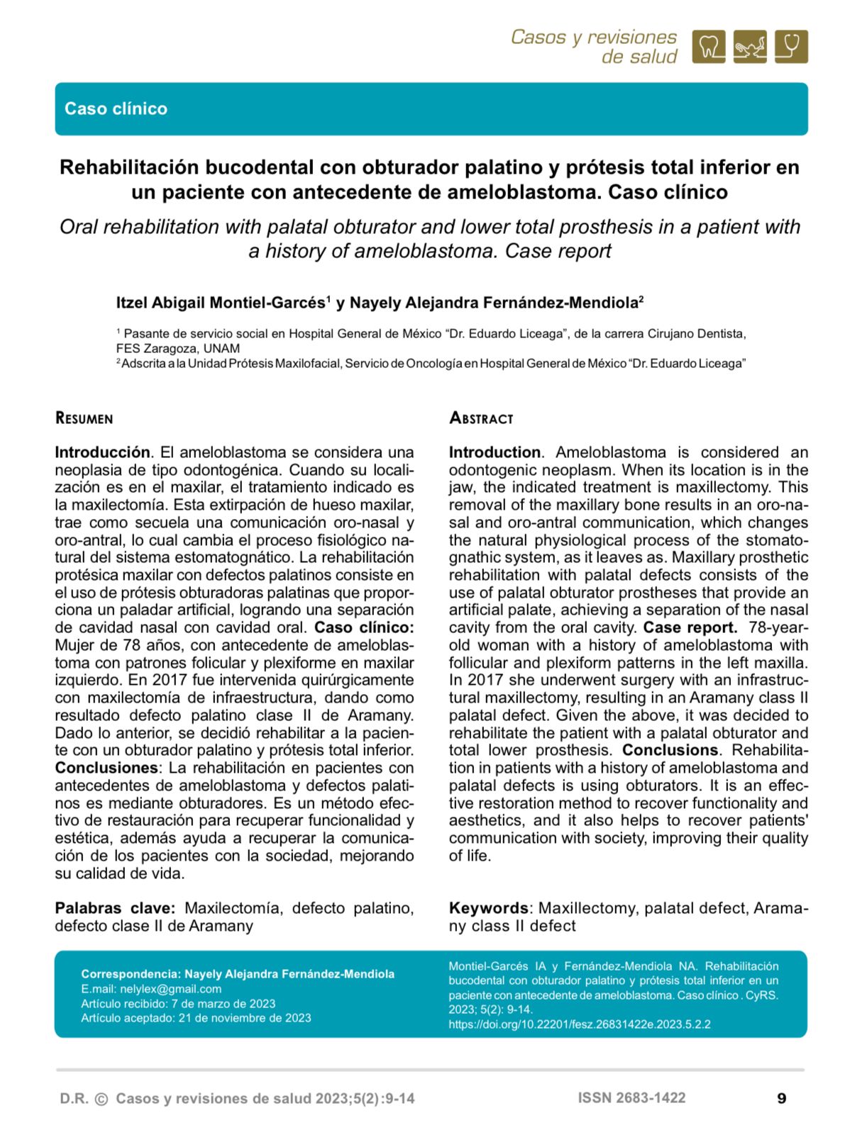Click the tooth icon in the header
click(x=708, y=47)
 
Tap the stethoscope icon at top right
click(x=791, y=47)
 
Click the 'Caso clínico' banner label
click(x=116, y=108)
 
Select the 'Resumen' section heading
click(x=84, y=418)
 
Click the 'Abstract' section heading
click(x=480, y=418)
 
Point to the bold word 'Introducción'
click(x=102, y=452)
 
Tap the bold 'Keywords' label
click(x=488, y=908)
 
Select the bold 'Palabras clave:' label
click(x=115, y=908)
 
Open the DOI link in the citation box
click(x=579, y=1024)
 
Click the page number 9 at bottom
click(x=782, y=1099)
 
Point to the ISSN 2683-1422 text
click(x=631, y=1098)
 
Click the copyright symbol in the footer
click(x=101, y=1100)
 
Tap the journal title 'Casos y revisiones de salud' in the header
click(x=594, y=47)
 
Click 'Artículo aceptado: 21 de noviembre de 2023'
click(x=196, y=1018)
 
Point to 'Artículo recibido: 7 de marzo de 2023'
click(x=178, y=1004)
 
